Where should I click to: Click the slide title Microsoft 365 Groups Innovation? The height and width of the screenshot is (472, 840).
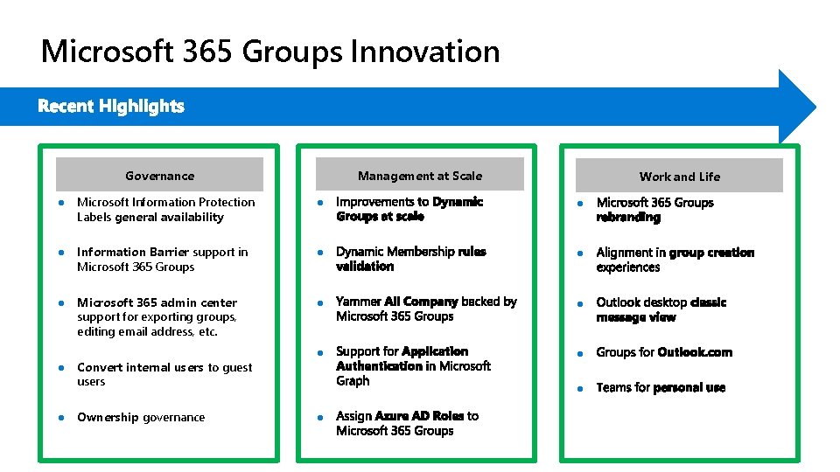270,52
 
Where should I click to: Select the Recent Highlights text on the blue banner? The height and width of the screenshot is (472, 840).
111,107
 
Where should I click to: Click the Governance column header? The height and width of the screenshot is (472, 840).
159,175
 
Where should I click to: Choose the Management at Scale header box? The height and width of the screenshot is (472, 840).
419,175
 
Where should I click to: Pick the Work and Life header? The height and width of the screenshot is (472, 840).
679,176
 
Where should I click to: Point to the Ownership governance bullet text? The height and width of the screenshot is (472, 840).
141,417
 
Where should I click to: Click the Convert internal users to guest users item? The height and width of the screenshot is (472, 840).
164,374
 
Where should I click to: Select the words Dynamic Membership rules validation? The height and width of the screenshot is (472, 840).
410,259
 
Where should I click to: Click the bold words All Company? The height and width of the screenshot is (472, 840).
421,302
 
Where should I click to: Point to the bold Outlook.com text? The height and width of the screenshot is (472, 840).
695,352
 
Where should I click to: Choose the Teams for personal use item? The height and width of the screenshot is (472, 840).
661,387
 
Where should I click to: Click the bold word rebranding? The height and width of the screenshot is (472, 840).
628,217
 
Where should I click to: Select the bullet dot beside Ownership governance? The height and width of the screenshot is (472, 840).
61,417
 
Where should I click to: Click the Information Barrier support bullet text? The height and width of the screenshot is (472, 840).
162,260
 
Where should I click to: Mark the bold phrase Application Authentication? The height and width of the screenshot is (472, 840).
402,358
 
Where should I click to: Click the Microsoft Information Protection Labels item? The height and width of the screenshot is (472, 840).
165,210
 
